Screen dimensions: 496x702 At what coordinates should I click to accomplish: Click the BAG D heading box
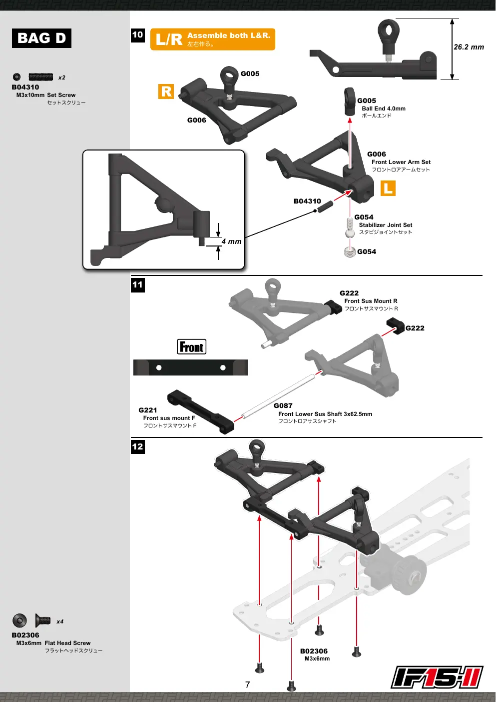pyautogui.click(x=41, y=38)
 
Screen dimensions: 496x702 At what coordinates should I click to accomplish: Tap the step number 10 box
pyautogui.click(x=138, y=35)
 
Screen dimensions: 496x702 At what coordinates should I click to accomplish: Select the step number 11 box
pyautogui.click(x=138, y=285)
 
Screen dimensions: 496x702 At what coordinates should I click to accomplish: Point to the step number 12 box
pyautogui.click(x=138, y=446)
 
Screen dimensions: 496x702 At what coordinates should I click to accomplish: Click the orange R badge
pyautogui.click(x=166, y=91)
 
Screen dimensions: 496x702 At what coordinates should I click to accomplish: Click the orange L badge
pyautogui.click(x=388, y=188)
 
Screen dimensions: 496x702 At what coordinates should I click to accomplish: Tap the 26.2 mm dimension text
pyautogui.click(x=469, y=47)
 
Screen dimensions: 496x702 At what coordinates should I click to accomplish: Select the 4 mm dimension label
pyautogui.click(x=231, y=241)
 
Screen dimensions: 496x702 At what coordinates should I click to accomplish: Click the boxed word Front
pyautogui.click(x=192, y=347)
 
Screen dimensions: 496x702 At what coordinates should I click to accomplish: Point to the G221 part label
pyautogui.click(x=148, y=410)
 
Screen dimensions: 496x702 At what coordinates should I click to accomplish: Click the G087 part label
pyautogui.click(x=283, y=405)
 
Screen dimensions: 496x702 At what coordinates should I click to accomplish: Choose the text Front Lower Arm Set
pyautogui.click(x=401, y=162)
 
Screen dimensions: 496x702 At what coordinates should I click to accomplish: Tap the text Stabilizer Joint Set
pyautogui.click(x=386, y=225)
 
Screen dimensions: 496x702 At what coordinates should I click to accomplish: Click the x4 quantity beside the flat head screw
pyautogui.click(x=60, y=621)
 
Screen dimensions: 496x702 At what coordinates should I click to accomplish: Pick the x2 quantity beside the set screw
pyautogui.click(x=61, y=77)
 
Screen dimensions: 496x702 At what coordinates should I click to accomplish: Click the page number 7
pyautogui.click(x=248, y=685)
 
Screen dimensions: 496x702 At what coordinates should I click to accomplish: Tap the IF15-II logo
pyautogui.click(x=437, y=677)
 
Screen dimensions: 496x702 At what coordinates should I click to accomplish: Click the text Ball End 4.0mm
pyautogui.click(x=384, y=108)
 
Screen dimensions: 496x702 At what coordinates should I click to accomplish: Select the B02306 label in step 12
pyautogui.click(x=314, y=651)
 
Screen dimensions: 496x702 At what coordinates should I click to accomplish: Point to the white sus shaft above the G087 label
pyautogui.click(x=278, y=396)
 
